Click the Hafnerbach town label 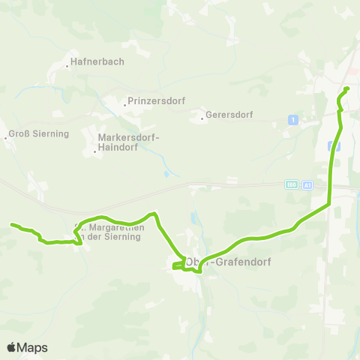[97, 62]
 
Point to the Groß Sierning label [38, 134]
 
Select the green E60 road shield [292, 184]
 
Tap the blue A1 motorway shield [307, 184]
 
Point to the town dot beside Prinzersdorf [124, 104]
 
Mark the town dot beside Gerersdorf [202, 118]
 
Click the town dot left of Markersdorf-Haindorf [94, 151]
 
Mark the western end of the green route [11, 224]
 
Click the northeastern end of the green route [347, 89]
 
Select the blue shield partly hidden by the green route [337, 147]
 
